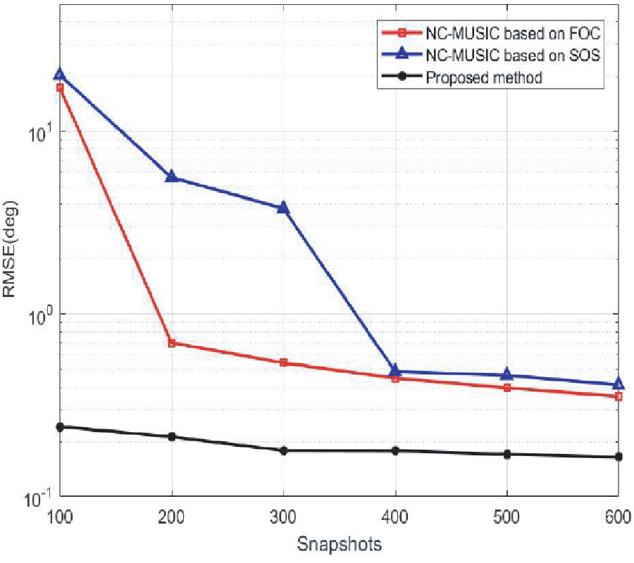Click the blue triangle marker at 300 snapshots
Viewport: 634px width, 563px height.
click(x=283, y=208)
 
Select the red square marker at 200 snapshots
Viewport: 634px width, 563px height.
click(x=171, y=343)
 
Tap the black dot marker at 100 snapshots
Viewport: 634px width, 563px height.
click(x=60, y=426)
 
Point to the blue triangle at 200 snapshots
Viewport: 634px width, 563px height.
click(x=171, y=177)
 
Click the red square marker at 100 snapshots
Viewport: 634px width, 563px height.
click(x=60, y=88)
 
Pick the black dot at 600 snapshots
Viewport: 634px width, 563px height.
click(x=619, y=457)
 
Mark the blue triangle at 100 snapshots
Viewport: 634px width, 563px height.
click(x=60, y=75)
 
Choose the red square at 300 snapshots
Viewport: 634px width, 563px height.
click(x=283, y=362)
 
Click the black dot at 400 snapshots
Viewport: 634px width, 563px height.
click(x=395, y=450)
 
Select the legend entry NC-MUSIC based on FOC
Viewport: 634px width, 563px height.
click(x=513, y=34)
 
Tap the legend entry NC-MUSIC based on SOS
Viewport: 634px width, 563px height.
click(x=513, y=56)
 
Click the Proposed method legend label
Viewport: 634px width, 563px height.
click(x=484, y=77)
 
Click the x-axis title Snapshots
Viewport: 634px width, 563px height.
click(x=339, y=544)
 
